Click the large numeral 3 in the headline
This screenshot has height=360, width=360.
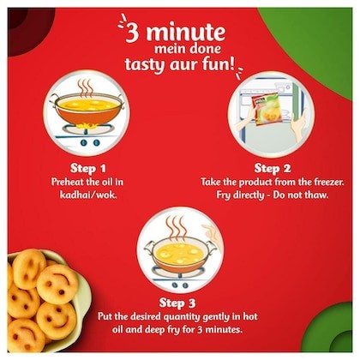pyautogui.click(x=135, y=33)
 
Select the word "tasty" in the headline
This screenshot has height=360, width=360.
pyautogui.click(x=145, y=64)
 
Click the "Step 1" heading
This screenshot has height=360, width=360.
pyautogui.click(x=88, y=168)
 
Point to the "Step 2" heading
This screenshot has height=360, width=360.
pyautogui.click(x=273, y=168)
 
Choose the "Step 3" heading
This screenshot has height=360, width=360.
pyautogui.click(x=177, y=303)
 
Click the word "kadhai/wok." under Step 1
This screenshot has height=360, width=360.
pyautogui.click(x=88, y=195)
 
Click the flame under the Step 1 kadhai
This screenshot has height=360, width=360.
pyautogui.click(x=87, y=125)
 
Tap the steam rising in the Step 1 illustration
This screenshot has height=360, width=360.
pyautogui.click(x=85, y=88)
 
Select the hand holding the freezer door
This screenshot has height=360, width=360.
pyautogui.click(x=298, y=125)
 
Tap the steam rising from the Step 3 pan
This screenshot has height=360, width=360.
pyautogui.click(x=175, y=228)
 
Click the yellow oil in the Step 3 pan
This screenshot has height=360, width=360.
pyautogui.click(x=177, y=252)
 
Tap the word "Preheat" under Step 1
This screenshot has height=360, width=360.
pyautogui.click(x=67, y=182)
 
